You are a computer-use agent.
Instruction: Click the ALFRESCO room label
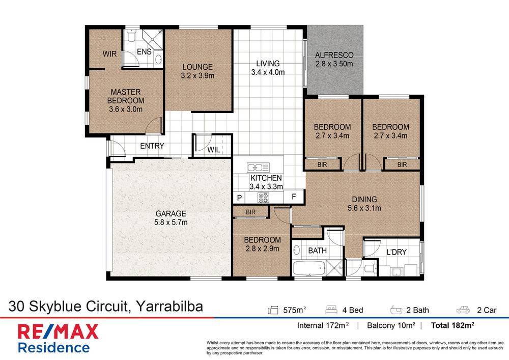(334, 55)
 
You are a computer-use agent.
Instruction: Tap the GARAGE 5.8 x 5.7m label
(171, 218)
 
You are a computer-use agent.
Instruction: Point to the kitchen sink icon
(258, 167)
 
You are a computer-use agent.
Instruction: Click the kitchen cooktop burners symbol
(264, 197)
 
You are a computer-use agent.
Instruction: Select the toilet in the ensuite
(131, 37)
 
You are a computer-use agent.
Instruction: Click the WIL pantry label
(213, 150)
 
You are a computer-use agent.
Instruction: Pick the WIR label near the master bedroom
(110, 53)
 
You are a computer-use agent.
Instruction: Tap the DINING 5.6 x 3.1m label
(363, 203)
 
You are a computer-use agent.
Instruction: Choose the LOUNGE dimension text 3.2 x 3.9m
(197, 76)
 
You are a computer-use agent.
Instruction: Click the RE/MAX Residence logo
(58, 339)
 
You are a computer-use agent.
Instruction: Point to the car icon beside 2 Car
(463, 310)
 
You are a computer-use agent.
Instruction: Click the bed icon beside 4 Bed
(332, 310)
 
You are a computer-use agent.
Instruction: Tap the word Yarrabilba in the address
(169, 307)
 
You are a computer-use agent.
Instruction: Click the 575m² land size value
(294, 310)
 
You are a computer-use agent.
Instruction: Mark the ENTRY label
(152, 146)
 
